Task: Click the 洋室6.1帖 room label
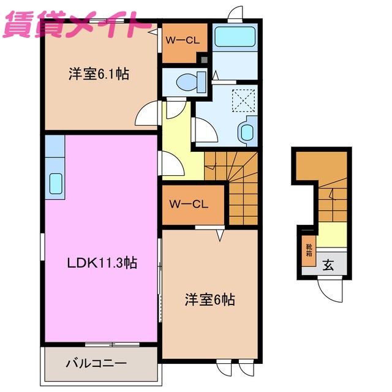98,74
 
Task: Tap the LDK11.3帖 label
102,263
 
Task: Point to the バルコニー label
96,363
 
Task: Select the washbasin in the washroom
247,131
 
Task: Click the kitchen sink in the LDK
55,183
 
